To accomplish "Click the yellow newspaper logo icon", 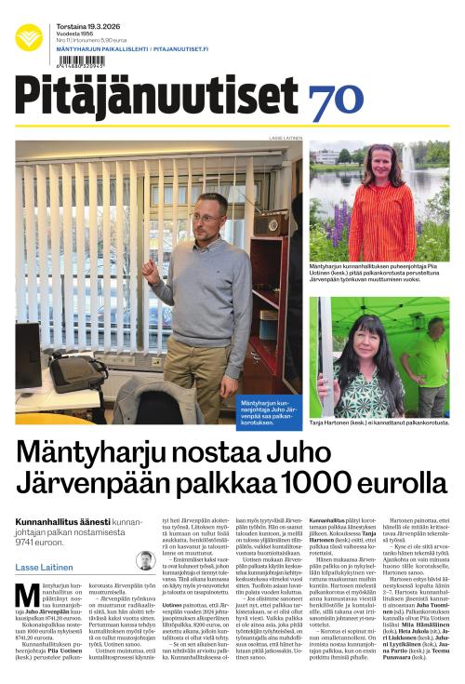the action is click(29, 37).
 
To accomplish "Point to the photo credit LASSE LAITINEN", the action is click(285, 137).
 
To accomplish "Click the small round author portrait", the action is click(145, 560).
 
